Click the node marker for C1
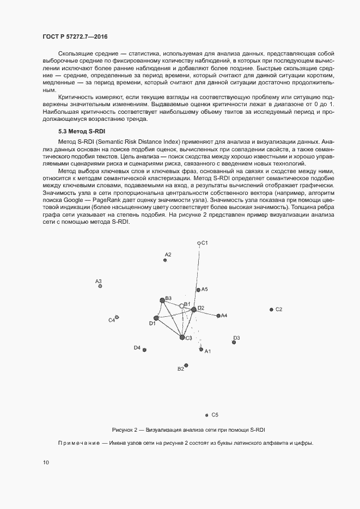(x=199, y=243)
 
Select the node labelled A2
(x=165, y=260)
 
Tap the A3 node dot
(x=100, y=286)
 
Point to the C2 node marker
(x=271, y=309)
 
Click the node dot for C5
(x=207, y=415)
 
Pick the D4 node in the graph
(x=144, y=350)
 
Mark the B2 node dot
(x=186, y=365)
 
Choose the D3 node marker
(x=234, y=342)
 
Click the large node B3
(x=162, y=300)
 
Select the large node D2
(x=193, y=309)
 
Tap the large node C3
(x=182, y=338)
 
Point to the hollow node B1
(x=182, y=306)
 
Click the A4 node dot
(x=218, y=315)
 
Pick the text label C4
(x=111, y=320)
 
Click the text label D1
(x=152, y=324)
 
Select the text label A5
(x=205, y=290)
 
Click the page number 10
(x=45, y=463)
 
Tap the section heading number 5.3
(x=63, y=132)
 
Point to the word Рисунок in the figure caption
(x=121, y=429)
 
